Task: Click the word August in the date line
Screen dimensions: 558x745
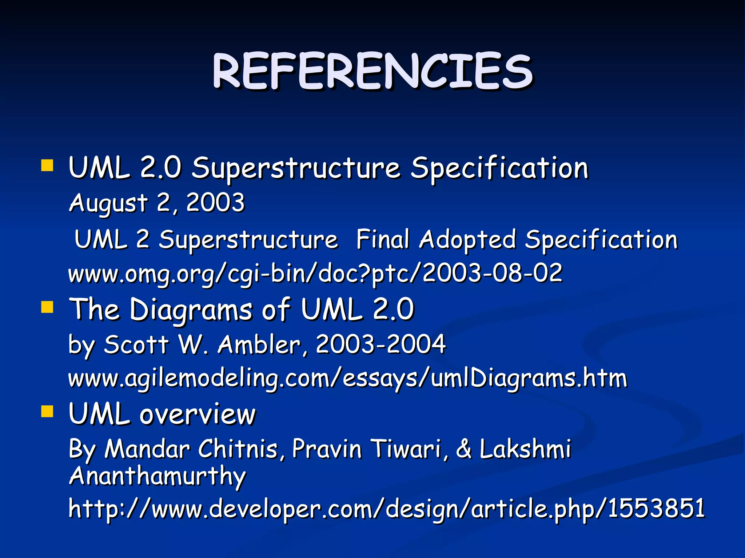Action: click(x=108, y=203)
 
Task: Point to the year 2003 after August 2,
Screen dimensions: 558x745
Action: click(x=215, y=202)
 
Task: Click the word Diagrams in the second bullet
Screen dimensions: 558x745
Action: click(x=191, y=309)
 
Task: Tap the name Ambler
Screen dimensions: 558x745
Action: click(x=259, y=344)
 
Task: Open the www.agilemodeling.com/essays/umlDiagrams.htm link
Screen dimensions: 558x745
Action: click(x=347, y=378)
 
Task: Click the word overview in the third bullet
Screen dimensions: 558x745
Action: click(x=198, y=415)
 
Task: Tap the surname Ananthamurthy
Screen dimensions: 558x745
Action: click(x=157, y=476)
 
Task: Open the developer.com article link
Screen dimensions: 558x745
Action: click(x=386, y=508)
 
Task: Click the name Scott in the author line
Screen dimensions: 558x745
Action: click(x=136, y=344)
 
